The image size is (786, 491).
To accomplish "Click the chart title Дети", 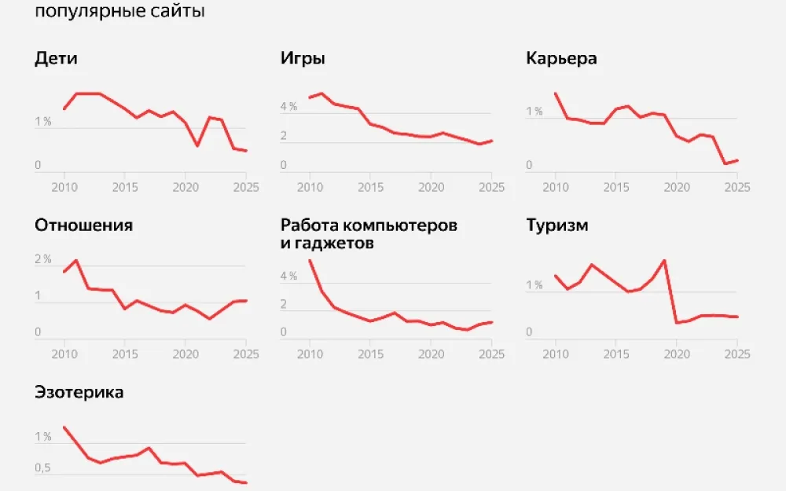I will (x=56, y=59).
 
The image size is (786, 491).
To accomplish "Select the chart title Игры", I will (x=303, y=59).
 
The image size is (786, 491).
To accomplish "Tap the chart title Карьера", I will (x=561, y=60).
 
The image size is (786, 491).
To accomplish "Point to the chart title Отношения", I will (x=83, y=225).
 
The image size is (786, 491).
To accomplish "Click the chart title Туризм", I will (x=557, y=226).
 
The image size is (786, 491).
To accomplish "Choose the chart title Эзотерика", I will (x=79, y=392).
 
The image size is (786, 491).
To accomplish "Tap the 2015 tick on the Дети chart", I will (x=124, y=188).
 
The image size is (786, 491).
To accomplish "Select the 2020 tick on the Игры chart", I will (x=431, y=188).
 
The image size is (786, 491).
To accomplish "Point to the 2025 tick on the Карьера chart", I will (x=736, y=188).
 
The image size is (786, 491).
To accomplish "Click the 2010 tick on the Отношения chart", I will (x=64, y=354).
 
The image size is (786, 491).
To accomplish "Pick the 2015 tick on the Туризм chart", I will (x=615, y=354).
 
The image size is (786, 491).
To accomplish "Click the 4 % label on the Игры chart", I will (x=288, y=107).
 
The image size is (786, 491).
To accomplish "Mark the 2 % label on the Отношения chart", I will (x=43, y=259).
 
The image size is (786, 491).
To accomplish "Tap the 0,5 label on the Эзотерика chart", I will (x=43, y=469).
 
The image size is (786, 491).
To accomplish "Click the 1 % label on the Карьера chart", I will (x=534, y=112).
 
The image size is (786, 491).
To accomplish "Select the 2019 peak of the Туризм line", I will (x=665, y=260).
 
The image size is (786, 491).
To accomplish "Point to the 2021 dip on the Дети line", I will (x=197, y=146).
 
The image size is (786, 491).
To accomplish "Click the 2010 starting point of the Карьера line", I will (x=556, y=93).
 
